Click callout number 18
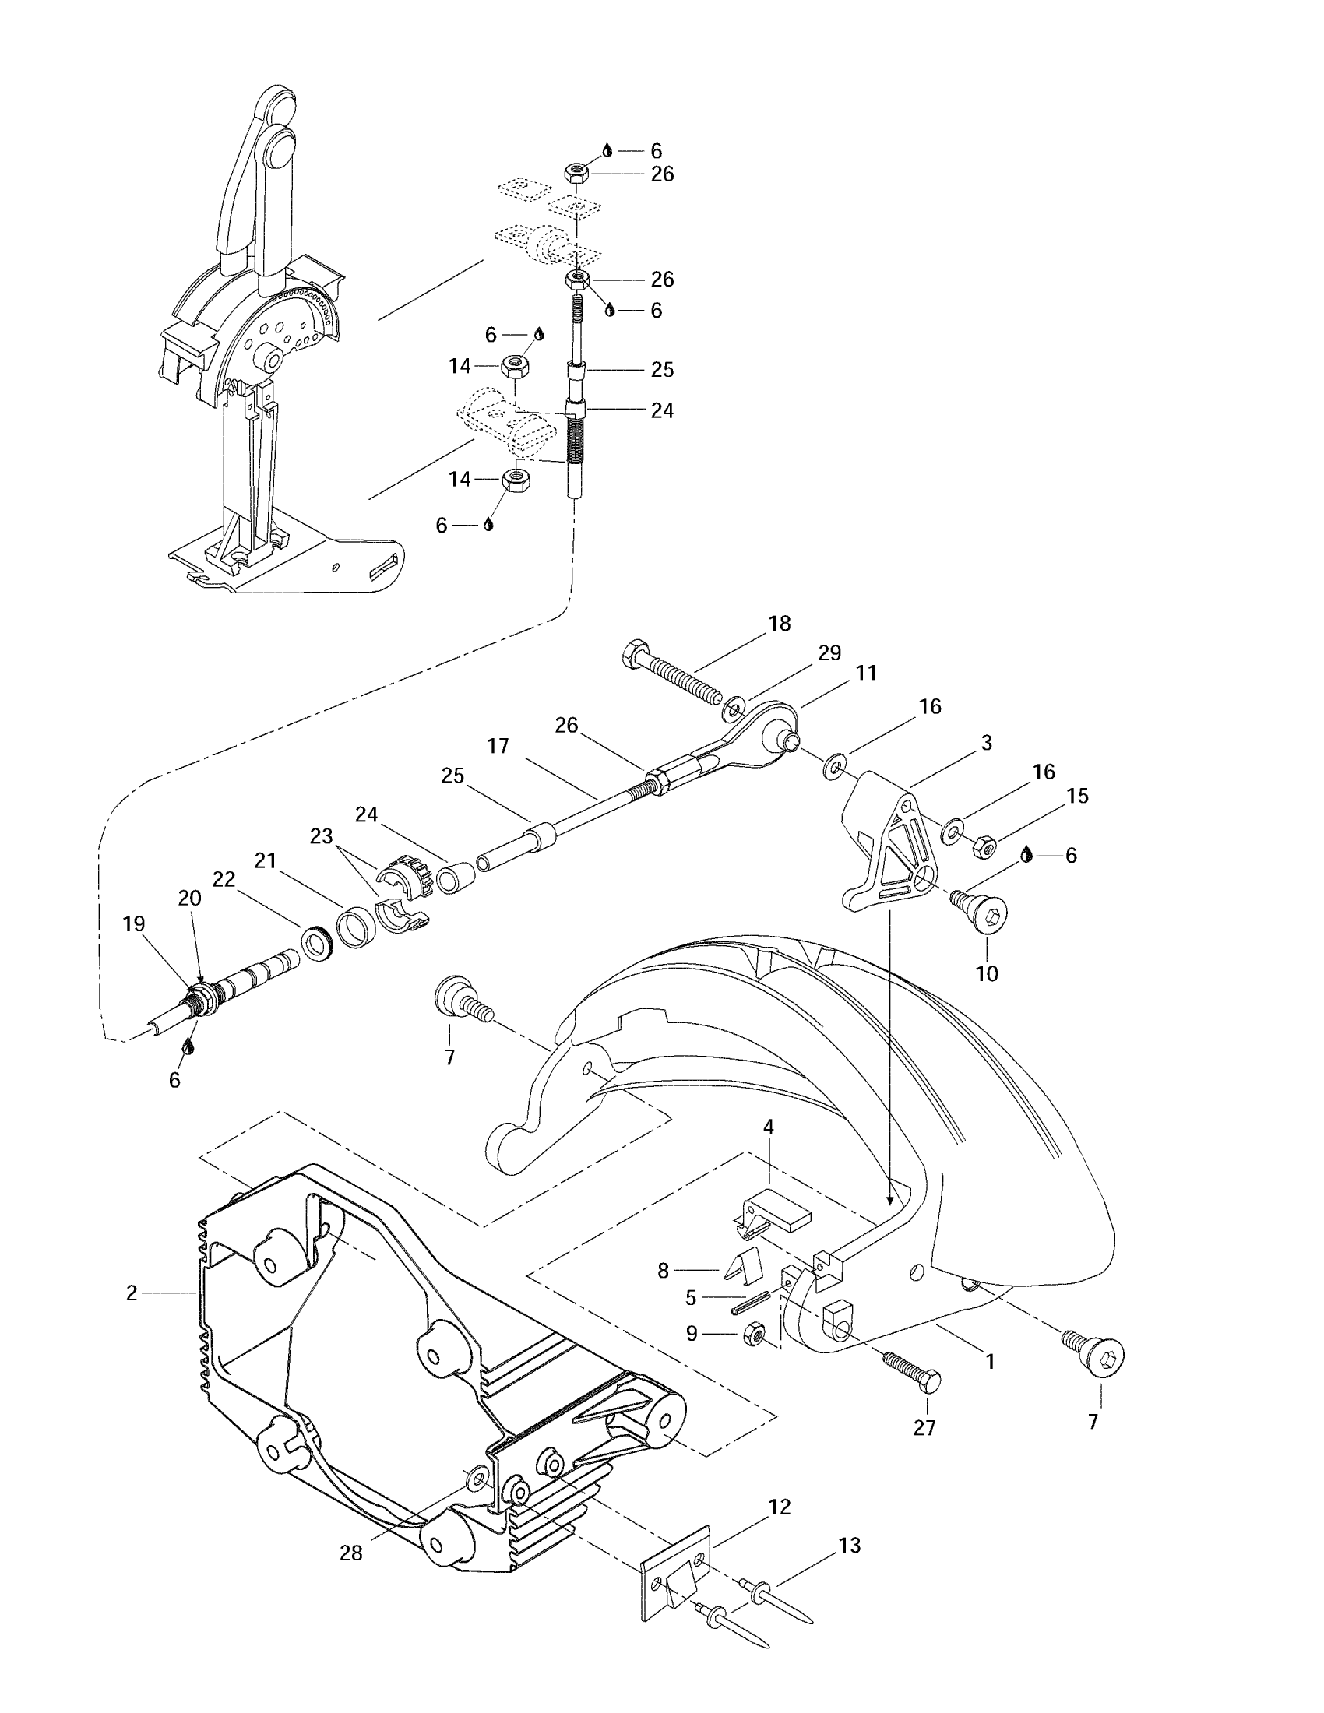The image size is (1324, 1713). [780, 624]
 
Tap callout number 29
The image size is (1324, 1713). [830, 652]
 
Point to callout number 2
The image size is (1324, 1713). [132, 1293]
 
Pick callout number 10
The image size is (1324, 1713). [987, 973]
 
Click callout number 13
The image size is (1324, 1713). [850, 1545]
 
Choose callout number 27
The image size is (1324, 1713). [924, 1427]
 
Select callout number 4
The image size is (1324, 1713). [769, 1127]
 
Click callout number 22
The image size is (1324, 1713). [224, 879]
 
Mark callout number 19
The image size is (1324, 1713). [134, 924]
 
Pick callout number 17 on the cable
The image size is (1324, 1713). [498, 745]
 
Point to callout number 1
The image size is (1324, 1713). [990, 1362]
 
